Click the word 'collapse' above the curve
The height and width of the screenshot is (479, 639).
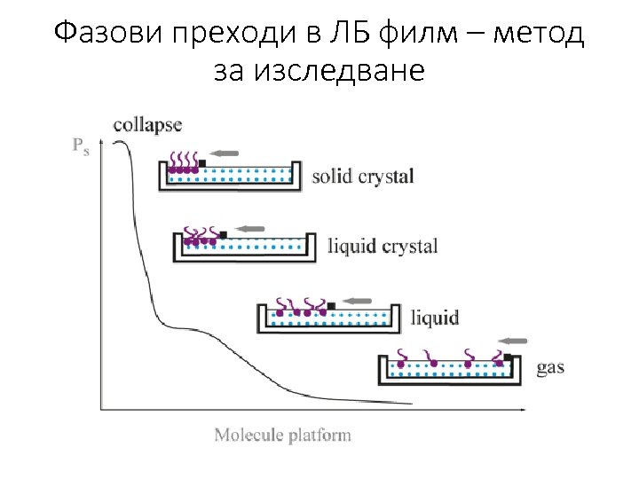coord(148,125)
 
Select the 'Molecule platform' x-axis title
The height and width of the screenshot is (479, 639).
coord(282,435)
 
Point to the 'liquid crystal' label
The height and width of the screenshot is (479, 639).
coord(383,246)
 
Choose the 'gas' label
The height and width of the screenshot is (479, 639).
coord(550,366)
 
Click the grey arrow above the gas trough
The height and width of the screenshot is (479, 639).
coord(513,340)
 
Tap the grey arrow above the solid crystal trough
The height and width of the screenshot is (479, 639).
coord(225,153)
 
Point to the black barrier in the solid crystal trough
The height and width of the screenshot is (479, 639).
coord(202,162)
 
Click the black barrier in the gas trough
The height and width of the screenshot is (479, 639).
coord(507,357)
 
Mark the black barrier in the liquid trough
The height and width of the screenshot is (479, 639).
coord(331,306)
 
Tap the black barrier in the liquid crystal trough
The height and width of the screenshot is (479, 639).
coord(223,234)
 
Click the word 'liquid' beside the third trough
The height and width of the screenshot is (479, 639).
coord(435,317)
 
